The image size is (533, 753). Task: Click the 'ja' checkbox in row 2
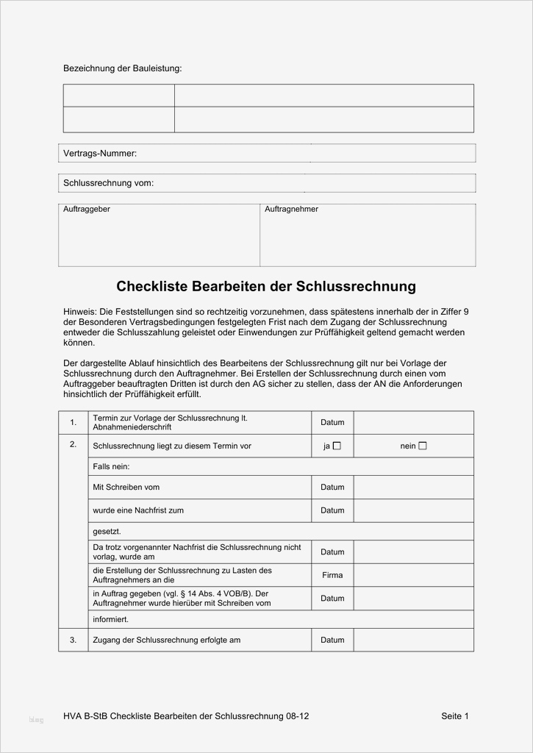pyautogui.click(x=337, y=446)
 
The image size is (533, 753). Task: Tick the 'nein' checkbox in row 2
pyautogui.click(x=422, y=446)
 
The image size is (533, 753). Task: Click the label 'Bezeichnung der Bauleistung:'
pyautogui.click(x=122, y=68)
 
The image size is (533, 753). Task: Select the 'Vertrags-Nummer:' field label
pyautogui.click(x=100, y=154)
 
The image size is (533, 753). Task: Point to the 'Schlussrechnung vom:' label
pyautogui.click(x=109, y=183)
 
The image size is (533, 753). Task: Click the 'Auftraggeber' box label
pyautogui.click(x=87, y=210)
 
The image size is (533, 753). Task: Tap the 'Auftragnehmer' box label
pyautogui.click(x=291, y=210)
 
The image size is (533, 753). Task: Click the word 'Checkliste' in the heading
pyautogui.click(x=151, y=286)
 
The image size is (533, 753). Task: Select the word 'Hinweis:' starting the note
pyautogui.click(x=79, y=312)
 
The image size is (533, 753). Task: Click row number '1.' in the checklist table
pyautogui.click(x=73, y=423)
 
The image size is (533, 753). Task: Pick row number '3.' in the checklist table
pyautogui.click(x=73, y=640)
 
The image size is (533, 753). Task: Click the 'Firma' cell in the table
pyautogui.click(x=332, y=575)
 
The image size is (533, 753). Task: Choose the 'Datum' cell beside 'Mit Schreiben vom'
pyautogui.click(x=332, y=488)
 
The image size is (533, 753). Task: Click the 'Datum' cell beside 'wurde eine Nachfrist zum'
pyautogui.click(x=332, y=510)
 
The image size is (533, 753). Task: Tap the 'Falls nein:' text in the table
pyautogui.click(x=111, y=467)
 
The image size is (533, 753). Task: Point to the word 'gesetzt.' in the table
pyautogui.click(x=107, y=531)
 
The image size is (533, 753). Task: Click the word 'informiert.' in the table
pyautogui.click(x=111, y=619)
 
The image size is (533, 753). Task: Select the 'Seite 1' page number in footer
pyautogui.click(x=455, y=716)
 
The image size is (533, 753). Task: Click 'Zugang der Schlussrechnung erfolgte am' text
pyautogui.click(x=167, y=640)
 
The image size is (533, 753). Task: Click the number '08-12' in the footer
pyautogui.click(x=298, y=716)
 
